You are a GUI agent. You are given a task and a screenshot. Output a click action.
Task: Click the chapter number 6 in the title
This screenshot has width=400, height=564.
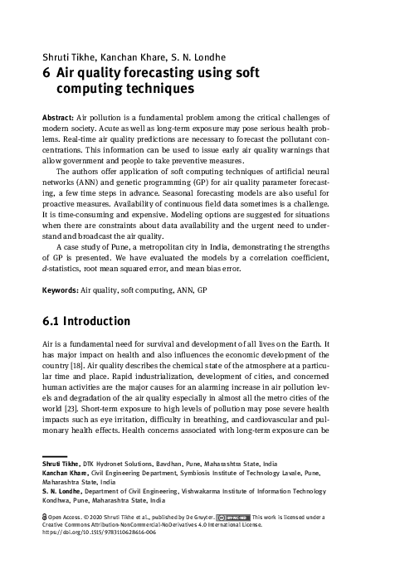pyautogui.click(x=46, y=72)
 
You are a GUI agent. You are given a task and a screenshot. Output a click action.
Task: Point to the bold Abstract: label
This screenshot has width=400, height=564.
pyautogui.click(x=58, y=119)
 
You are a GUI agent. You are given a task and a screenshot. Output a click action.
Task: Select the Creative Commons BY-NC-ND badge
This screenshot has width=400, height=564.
pyautogui.click(x=237, y=514)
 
